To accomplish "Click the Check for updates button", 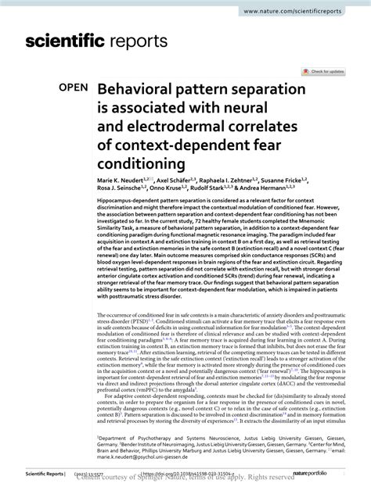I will (326, 71).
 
